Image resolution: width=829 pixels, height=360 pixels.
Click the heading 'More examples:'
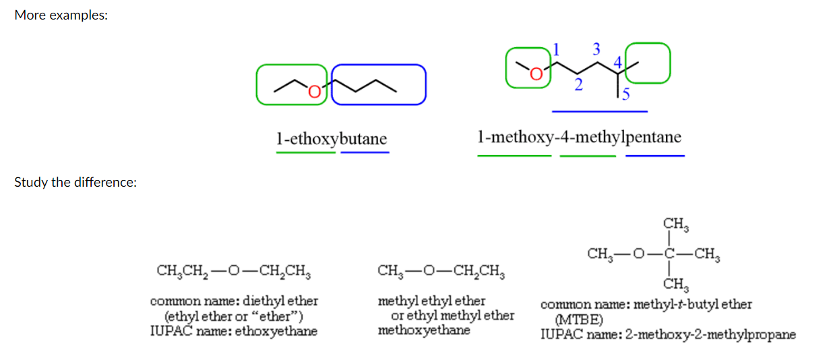[61, 16]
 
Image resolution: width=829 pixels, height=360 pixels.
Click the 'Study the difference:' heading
[75, 182]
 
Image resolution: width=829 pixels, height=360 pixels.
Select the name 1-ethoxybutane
[332, 139]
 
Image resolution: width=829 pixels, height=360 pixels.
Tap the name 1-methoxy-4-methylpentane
[579, 138]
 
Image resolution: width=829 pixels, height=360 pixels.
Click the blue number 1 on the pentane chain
[556, 49]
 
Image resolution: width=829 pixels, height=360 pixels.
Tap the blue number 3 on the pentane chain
[596, 49]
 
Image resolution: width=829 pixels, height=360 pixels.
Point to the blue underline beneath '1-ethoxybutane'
[365, 152]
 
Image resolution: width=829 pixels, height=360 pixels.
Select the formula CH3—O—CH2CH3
[442, 272]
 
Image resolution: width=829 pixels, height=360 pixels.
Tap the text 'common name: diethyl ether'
[234, 301]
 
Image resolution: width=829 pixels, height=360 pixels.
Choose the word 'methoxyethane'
[424, 330]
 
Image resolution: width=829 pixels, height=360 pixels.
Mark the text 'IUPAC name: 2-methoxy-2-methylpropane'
[668, 334]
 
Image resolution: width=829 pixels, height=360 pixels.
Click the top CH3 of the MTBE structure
[675, 224]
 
